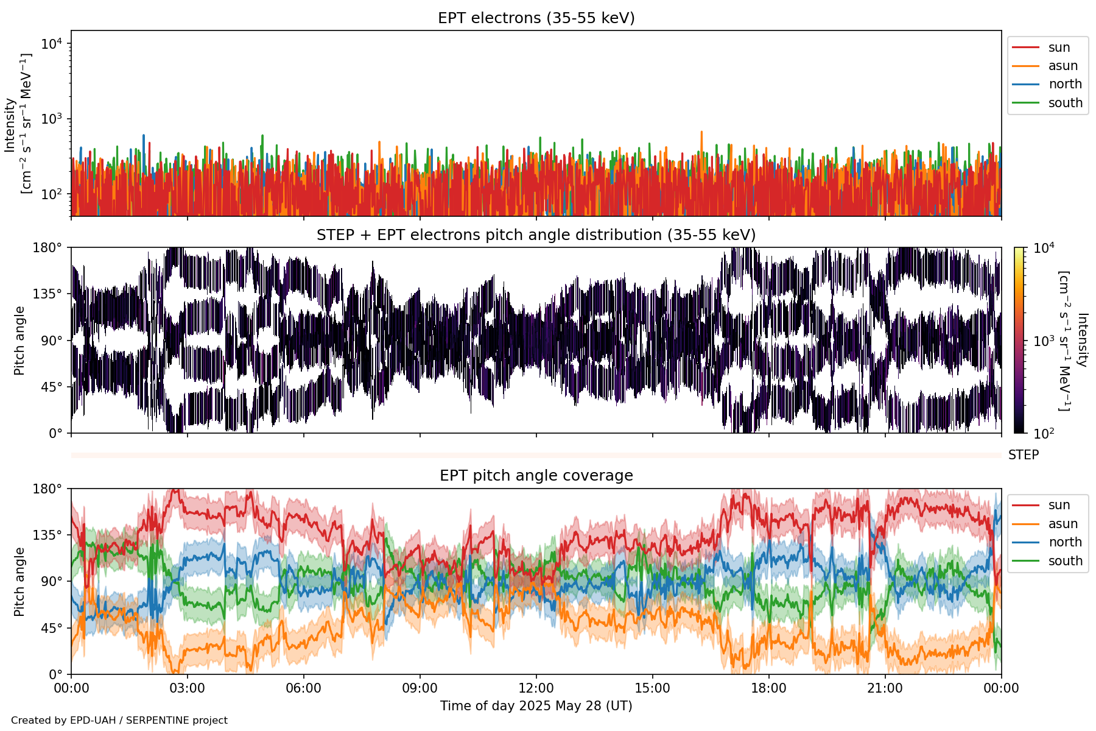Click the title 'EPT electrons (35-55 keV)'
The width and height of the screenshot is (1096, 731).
click(x=536, y=18)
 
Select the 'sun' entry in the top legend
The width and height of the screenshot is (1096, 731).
click(x=1059, y=48)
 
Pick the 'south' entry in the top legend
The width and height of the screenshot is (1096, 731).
click(x=1065, y=103)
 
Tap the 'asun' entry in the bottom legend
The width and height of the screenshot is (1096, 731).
click(x=1063, y=524)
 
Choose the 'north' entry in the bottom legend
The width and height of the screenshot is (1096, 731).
click(x=1065, y=542)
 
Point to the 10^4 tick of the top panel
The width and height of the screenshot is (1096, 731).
click(x=52, y=44)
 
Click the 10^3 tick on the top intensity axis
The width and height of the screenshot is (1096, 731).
click(x=52, y=119)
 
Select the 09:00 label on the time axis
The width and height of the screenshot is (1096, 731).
click(x=420, y=688)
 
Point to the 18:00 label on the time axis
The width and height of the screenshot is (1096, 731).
click(x=769, y=688)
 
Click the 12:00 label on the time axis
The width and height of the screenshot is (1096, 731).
click(x=536, y=688)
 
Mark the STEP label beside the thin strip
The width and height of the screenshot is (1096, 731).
click(x=1024, y=455)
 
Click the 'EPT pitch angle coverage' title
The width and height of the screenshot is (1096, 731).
click(x=536, y=476)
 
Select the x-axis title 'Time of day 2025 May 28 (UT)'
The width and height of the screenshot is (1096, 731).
click(x=536, y=706)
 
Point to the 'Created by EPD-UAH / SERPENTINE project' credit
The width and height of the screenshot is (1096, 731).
click(x=119, y=720)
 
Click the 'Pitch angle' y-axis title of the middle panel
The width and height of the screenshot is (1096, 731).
click(x=19, y=341)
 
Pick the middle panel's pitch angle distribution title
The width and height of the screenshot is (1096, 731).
click(x=536, y=235)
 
